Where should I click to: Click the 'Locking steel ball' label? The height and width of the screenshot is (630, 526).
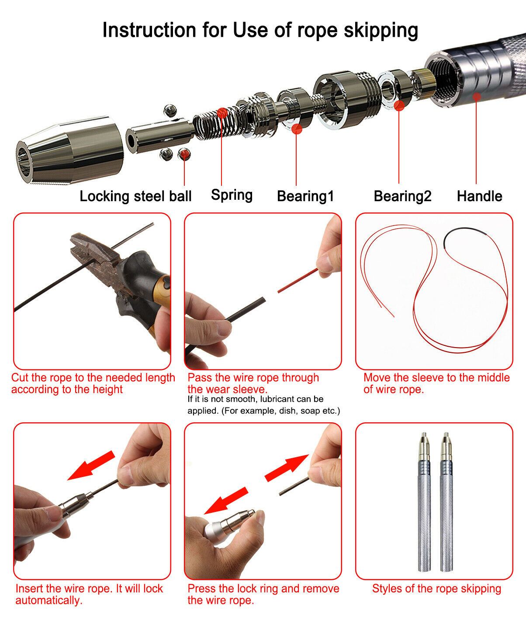coord(135,196)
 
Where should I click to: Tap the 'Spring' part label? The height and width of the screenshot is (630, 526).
coord(232,195)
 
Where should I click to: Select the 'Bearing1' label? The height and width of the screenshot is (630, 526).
coord(305,196)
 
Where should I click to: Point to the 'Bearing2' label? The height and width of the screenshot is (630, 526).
coord(403,196)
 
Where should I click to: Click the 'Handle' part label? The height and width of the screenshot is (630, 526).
coord(480,196)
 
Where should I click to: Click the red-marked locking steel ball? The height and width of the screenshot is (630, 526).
coord(184,154)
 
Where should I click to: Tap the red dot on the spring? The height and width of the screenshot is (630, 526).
coord(222,113)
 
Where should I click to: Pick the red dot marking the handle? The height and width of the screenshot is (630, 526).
coord(477,97)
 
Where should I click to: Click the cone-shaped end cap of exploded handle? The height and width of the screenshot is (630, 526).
coord(70,150)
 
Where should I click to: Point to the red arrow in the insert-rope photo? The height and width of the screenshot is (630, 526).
coord(91,466)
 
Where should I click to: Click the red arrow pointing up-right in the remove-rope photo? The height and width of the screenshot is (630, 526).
coord(287,468)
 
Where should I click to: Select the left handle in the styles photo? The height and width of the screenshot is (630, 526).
coord(425,502)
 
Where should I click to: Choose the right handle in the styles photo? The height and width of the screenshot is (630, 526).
coord(446,502)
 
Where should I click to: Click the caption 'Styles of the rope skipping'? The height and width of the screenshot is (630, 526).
coord(436,588)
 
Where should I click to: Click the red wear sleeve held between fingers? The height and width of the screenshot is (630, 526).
coord(298,280)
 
